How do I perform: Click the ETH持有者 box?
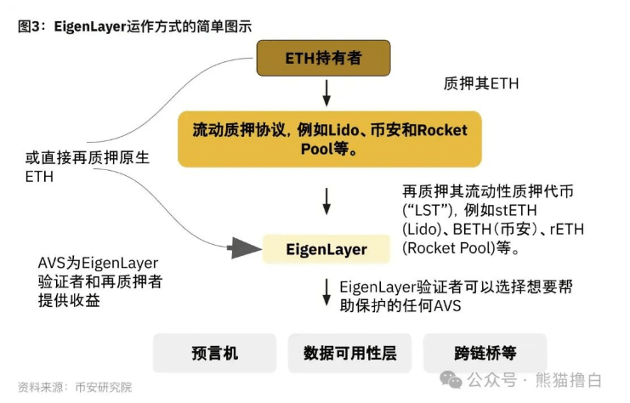point(324,60)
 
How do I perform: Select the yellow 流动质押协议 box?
point(323,137)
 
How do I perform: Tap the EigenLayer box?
point(326,249)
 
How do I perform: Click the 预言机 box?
point(214,353)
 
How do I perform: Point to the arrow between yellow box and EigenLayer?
point(326,201)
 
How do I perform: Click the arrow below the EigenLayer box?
point(326,293)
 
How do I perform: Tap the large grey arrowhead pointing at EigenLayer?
point(244,248)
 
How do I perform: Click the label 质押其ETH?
point(480,84)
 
